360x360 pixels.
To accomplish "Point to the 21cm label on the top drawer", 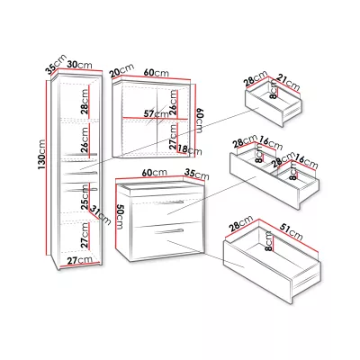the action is pos(288,83).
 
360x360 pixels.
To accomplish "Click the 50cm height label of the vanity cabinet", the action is pos(120,217).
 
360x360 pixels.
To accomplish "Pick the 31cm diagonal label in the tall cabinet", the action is pos(101,215).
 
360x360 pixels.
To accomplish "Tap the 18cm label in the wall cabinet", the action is pos(190,149).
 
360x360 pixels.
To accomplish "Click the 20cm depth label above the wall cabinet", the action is pos(121,71).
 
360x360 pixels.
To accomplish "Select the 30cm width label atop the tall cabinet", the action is pos(79,65).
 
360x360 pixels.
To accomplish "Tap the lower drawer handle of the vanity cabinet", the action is pos(168,231).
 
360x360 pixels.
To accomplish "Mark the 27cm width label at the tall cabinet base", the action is pos(79,260).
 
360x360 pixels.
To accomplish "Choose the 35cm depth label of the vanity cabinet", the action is pos(197,174).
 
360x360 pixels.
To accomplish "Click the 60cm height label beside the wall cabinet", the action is pos(199,121).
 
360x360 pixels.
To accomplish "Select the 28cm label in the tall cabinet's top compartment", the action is pos(85,103).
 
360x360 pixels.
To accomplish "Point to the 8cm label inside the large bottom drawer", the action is pos(269,241).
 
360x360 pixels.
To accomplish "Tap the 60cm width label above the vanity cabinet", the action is pos(155,173).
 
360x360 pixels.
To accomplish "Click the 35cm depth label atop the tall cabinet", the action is pos(56,64).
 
